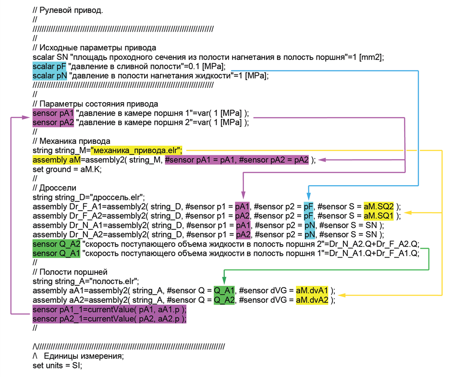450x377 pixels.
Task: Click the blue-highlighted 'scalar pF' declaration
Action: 49,67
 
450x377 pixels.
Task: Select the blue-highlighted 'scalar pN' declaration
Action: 49,76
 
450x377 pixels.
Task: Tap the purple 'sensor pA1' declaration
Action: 53,113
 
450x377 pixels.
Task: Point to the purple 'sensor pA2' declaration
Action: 53,122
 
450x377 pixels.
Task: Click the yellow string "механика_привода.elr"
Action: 136,150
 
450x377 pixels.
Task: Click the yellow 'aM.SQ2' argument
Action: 378,206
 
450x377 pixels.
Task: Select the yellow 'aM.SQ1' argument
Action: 378,215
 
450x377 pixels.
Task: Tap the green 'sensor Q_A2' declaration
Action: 56,244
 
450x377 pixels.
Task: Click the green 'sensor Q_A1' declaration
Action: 56,253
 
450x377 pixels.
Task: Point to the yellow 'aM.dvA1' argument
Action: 312,290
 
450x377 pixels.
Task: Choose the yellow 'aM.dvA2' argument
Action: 312,300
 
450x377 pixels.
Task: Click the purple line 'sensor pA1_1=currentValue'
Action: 109,310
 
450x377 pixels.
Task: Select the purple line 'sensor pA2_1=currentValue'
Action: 109,319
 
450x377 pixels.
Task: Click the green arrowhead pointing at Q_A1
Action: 224,281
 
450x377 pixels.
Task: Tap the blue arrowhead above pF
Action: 308,196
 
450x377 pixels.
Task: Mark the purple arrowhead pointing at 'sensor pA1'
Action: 26,117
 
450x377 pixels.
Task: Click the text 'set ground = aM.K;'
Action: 67,169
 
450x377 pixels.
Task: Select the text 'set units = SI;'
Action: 58,365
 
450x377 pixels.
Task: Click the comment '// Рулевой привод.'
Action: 68,11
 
